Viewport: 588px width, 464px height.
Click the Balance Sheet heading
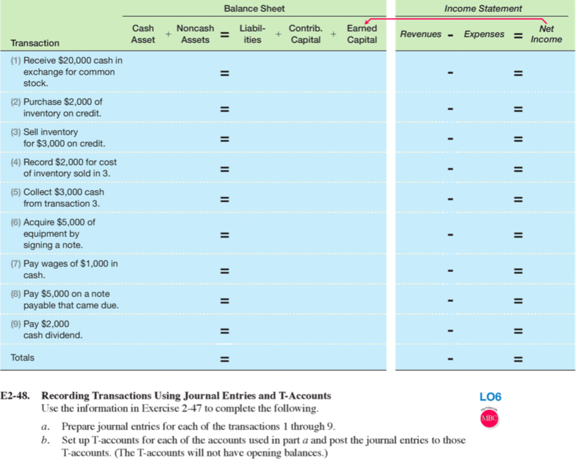[x=254, y=9]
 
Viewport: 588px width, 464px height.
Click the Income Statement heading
[x=483, y=9]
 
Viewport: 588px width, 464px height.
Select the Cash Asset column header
[x=143, y=34]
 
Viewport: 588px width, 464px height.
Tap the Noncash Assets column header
[x=195, y=34]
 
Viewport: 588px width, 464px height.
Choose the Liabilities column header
[x=252, y=34]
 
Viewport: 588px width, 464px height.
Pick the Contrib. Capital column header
[x=305, y=34]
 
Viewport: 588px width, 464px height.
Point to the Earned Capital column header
[x=362, y=34]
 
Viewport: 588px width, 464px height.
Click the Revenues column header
[x=421, y=34]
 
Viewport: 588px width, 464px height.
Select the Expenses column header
[x=484, y=34]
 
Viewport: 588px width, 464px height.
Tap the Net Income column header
[x=546, y=34]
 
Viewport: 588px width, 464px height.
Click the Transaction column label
[x=35, y=43]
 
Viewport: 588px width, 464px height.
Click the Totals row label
[x=23, y=357]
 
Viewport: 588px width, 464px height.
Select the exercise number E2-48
[x=17, y=396]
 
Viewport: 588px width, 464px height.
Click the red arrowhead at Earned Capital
[x=366, y=22]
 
